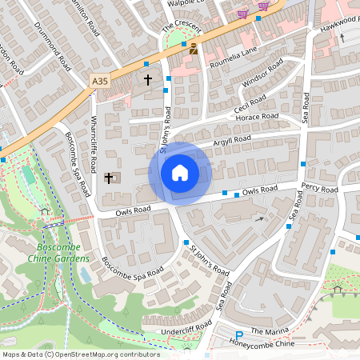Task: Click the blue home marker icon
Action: (180, 173)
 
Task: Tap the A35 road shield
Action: (99, 81)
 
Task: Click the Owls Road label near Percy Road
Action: (259, 190)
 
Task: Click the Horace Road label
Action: (257, 117)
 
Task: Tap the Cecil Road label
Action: (250, 102)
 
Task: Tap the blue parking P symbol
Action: (238, 335)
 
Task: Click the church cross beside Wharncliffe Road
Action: (109, 178)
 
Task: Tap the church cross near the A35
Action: (147, 80)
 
